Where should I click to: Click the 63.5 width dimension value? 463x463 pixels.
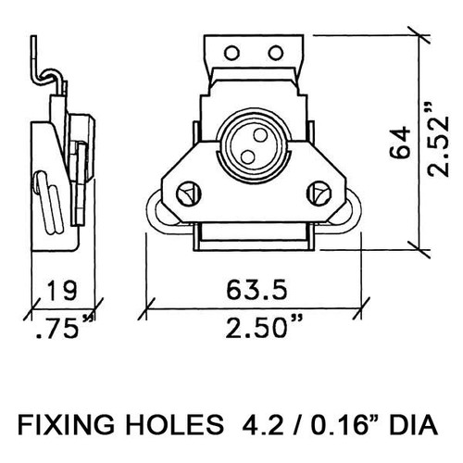click(257, 290)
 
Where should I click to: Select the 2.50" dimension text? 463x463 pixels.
click(263, 327)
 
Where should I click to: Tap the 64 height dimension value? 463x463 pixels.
click(400, 143)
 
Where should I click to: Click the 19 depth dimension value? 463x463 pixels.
click(61, 291)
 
